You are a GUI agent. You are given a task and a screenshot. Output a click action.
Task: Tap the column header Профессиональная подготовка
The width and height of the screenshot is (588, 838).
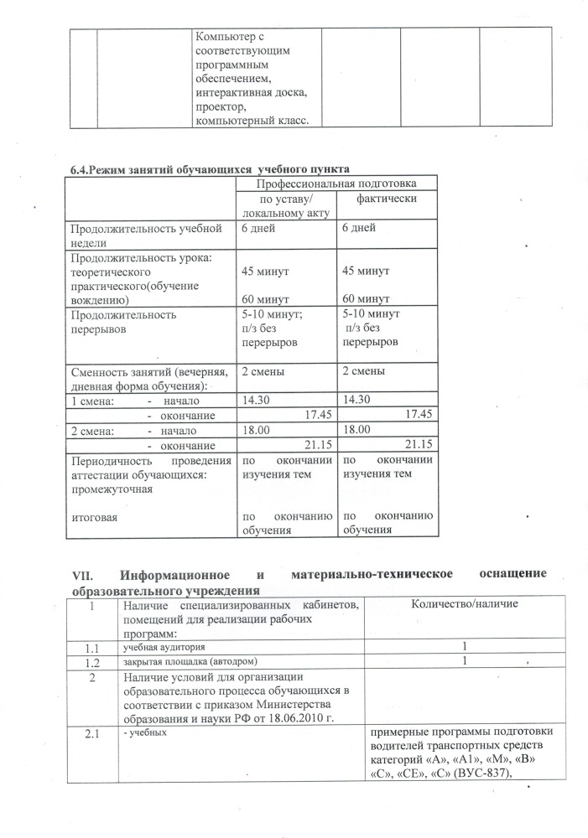[x=336, y=183]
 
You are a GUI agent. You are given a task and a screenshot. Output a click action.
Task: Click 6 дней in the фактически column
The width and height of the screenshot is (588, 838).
[x=360, y=228]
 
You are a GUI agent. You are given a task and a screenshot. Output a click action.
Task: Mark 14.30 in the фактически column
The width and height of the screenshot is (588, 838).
[x=360, y=400]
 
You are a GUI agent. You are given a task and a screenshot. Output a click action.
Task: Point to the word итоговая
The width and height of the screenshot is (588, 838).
[x=95, y=517]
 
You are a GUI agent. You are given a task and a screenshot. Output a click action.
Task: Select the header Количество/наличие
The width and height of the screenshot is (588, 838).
[x=464, y=604]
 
